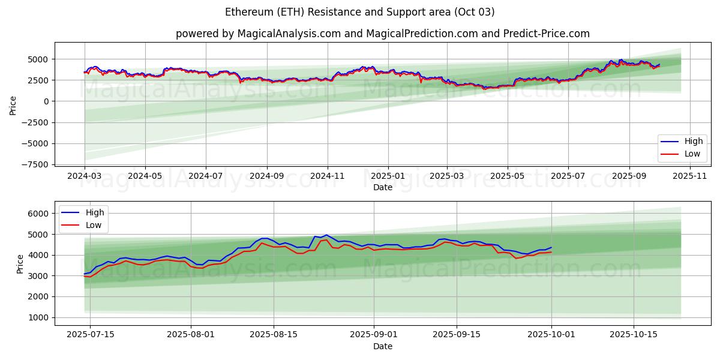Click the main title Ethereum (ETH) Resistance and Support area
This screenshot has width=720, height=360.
pyautogui.click(x=360, y=12)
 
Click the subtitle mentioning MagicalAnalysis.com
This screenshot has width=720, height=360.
pyautogui.click(x=382, y=34)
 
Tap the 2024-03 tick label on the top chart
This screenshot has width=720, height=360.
pyautogui.click(x=85, y=176)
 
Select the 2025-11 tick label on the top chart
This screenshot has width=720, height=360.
pyautogui.click(x=690, y=176)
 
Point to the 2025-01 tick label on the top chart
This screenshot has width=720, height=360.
pyautogui.click(x=388, y=176)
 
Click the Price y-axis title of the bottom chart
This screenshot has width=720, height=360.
pyautogui.click(x=20, y=263)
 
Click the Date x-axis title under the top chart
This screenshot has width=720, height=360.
pyautogui.click(x=382, y=187)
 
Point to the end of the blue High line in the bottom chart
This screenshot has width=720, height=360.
pyautogui.click(x=551, y=247)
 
